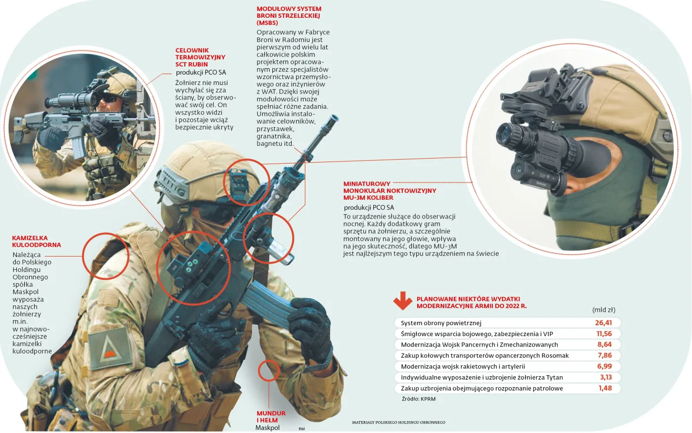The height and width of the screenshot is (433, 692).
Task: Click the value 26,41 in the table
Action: [604, 323]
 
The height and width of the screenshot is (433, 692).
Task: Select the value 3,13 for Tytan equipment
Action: [606, 377]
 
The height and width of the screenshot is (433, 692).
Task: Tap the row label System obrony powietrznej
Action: [441, 323]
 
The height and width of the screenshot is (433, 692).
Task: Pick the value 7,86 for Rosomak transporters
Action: [605, 355]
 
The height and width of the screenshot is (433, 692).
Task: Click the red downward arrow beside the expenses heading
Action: [402, 301]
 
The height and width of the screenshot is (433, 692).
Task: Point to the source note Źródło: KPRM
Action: [419, 399]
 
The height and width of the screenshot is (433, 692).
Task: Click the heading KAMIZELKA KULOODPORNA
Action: [37, 241]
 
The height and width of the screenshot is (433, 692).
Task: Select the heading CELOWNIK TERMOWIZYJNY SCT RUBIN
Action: [200, 57]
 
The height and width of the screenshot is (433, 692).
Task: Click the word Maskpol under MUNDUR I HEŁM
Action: [267, 428]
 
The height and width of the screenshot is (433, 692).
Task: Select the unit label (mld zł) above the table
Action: [604, 310]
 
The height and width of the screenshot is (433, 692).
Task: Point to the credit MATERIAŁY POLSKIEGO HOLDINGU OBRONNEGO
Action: [398, 422]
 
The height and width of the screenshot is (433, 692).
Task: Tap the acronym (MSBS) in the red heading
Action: [267, 23]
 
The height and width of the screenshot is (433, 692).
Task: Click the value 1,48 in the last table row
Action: [605, 388]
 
